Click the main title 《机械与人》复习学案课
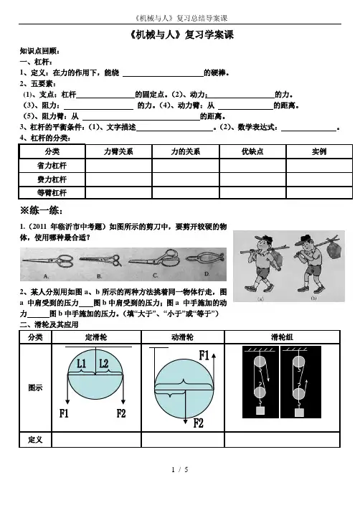[181, 34]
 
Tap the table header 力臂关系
[118, 151]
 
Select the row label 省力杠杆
[52, 166]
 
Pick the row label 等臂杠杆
[52, 193]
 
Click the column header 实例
[319, 151]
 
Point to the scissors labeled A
[49, 260]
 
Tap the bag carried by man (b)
[333, 248]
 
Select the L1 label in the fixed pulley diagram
[81, 364]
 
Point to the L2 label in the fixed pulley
[103, 364]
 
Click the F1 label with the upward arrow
[204, 355]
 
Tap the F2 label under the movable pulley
[198, 423]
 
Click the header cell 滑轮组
[282, 337]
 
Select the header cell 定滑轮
[96, 337]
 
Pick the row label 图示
[35, 387]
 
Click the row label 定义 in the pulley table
[35, 440]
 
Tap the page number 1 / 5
[180, 469]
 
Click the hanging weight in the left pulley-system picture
[260, 410]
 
